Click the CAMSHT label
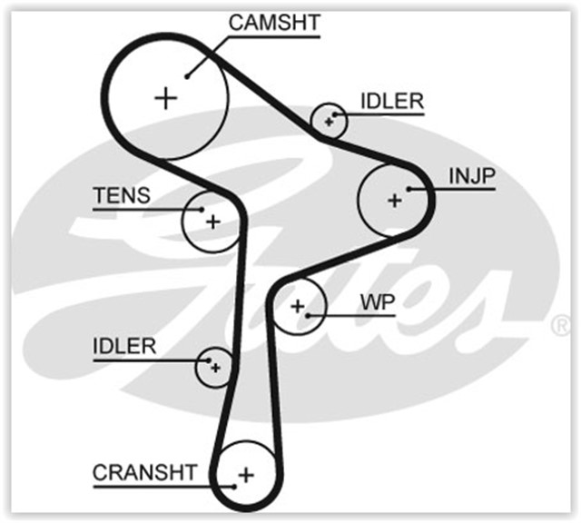tap(274, 24)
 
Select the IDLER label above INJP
tap(391, 101)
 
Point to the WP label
tap(378, 301)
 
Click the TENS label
tap(122, 196)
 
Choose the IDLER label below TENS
tap(124, 346)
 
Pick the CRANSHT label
tap(144, 472)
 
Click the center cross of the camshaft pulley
tap(165, 97)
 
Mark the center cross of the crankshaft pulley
tap(246, 473)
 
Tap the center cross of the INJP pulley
tap(394, 200)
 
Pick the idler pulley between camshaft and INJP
tap(328, 120)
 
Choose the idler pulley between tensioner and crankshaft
tap(215, 367)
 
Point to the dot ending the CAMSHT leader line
tap(188, 76)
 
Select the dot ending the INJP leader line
tap(410, 189)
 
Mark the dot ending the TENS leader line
tap(199, 210)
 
